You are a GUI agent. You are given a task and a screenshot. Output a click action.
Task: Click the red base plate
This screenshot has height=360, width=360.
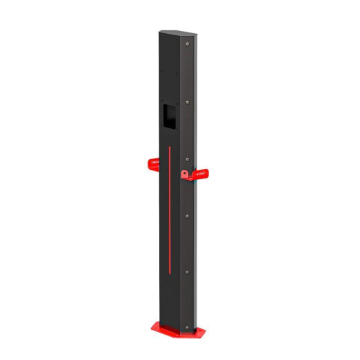coord(176,329)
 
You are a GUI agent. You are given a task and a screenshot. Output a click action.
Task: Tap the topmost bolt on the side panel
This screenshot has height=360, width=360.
coord(188,45)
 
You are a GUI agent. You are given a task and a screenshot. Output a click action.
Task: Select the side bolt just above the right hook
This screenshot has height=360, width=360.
coord(188,158)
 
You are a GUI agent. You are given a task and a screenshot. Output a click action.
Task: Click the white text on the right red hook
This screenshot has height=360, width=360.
coord(202,174)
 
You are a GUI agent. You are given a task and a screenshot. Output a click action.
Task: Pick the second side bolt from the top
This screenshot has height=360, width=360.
coord(188,102)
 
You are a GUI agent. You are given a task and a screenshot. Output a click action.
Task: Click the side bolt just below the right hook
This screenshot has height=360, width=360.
coord(188,215)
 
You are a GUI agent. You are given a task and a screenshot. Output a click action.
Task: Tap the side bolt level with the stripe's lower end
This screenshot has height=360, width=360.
coord(188,271)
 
